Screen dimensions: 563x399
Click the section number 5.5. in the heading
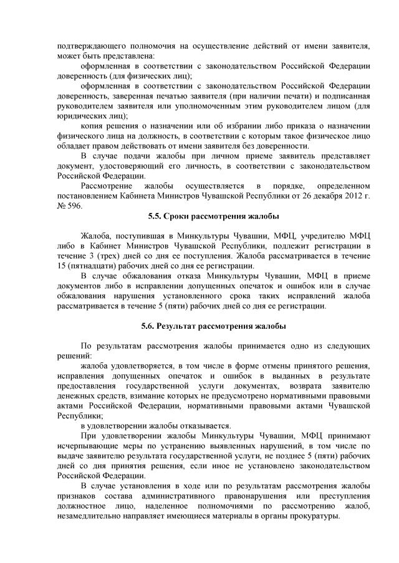(x=156, y=215)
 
